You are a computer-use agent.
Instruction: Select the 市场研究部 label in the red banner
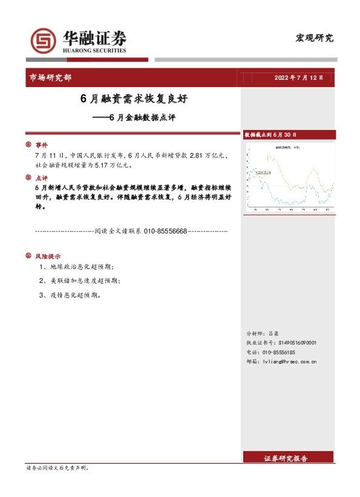coord(50,78)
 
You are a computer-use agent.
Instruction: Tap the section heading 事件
coord(41,145)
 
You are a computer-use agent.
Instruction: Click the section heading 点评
coord(41,178)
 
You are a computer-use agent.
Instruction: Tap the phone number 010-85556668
coord(165,231)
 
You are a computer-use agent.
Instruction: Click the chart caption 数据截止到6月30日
coord(270,134)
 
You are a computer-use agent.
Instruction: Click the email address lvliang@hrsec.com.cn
coord(291,362)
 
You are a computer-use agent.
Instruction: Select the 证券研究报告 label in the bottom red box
coord(286,458)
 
